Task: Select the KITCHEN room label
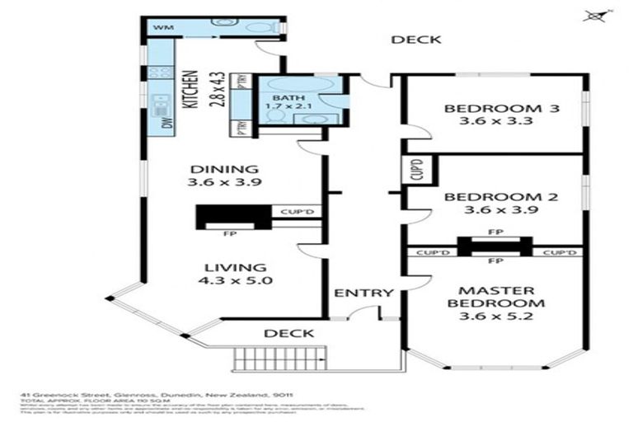pyautogui.click(x=189, y=90)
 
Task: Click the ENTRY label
pyautogui.click(x=363, y=293)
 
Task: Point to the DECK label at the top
pyautogui.click(x=416, y=39)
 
